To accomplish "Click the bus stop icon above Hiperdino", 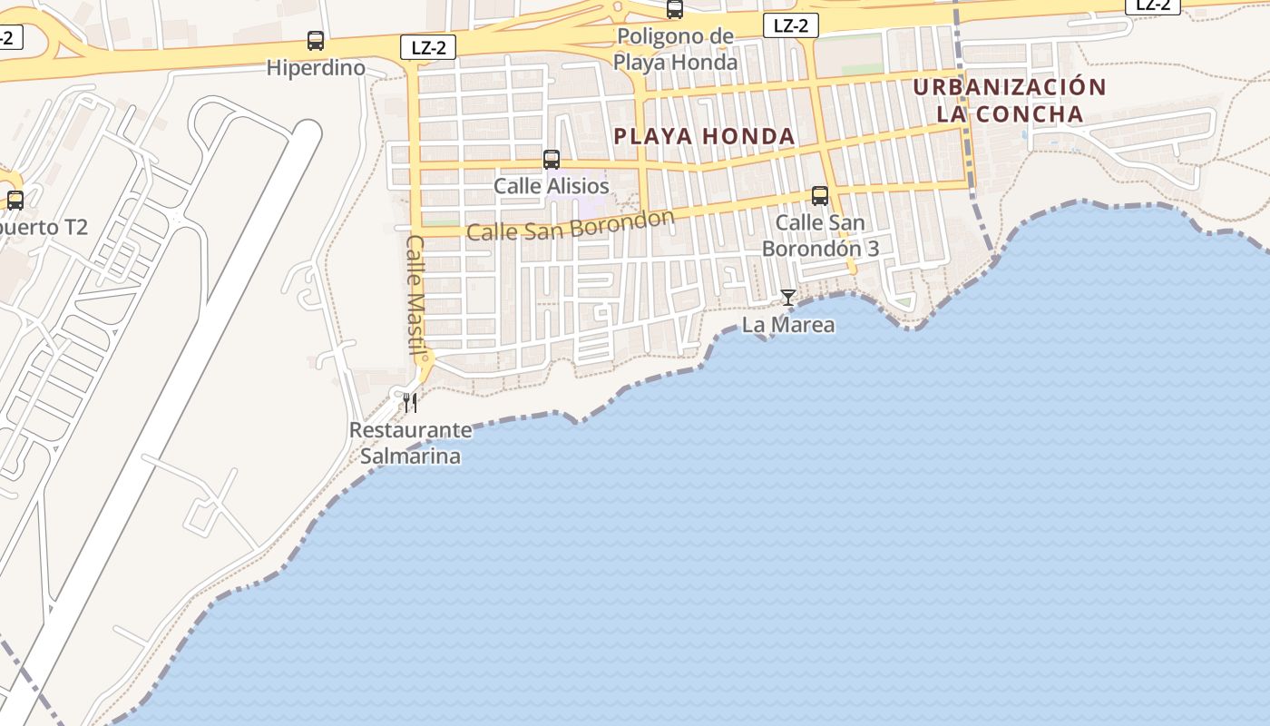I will (x=316, y=41).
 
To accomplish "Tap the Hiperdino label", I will (x=316, y=68).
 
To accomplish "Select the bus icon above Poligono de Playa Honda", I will (x=675, y=10).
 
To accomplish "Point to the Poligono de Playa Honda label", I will (x=675, y=49).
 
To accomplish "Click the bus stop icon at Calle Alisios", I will (x=552, y=160).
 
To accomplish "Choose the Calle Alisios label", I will (x=552, y=186).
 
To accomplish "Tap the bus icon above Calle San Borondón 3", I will (x=820, y=196).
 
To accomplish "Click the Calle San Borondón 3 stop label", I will (x=820, y=235).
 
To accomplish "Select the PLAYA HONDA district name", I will (x=704, y=137).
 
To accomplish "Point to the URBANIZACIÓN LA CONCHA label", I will (x=1010, y=101).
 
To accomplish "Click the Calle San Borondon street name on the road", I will (x=571, y=225).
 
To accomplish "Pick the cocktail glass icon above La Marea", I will (x=788, y=298).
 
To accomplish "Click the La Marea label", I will (x=788, y=324).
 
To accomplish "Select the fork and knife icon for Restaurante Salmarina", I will (x=410, y=402).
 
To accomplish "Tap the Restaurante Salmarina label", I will (x=410, y=442).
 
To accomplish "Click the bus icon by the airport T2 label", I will (x=15, y=201).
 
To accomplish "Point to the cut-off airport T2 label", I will (x=42, y=227).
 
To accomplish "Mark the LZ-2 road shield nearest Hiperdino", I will (x=428, y=47).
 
